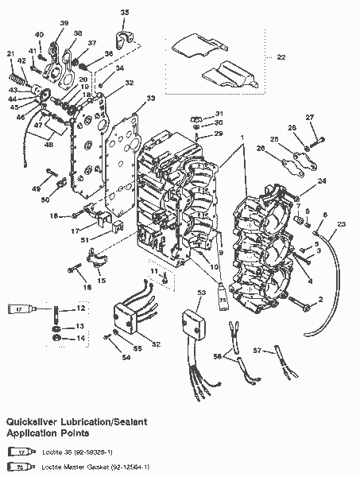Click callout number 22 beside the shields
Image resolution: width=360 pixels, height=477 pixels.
click(280, 56)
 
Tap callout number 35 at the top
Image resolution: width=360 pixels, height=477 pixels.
click(124, 13)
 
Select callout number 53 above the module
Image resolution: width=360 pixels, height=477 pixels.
click(202, 294)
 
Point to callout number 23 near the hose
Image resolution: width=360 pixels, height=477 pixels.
click(342, 224)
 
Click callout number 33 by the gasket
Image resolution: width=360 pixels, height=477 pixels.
click(151, 99)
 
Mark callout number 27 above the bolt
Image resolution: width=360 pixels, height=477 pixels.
click(311, 118)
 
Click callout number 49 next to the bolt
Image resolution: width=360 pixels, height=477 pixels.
click(36, 189)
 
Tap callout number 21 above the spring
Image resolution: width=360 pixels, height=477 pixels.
click(10, 53)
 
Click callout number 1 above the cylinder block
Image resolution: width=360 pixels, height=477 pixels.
click(231, 138)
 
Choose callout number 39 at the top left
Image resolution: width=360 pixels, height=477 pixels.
click(64, 23)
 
